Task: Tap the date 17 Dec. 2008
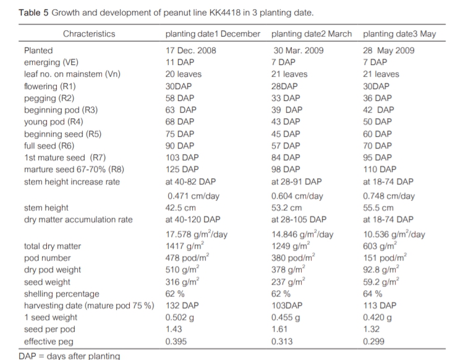(191, 51)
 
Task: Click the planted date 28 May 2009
(389, 51)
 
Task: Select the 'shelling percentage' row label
(61, 294)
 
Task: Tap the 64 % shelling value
(373, 294)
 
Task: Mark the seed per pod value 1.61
(281, 329)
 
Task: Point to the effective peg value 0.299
(375, 341)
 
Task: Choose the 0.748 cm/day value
(389, 196)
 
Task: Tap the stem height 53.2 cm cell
(287, 208)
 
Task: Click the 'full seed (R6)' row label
(52, 145)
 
